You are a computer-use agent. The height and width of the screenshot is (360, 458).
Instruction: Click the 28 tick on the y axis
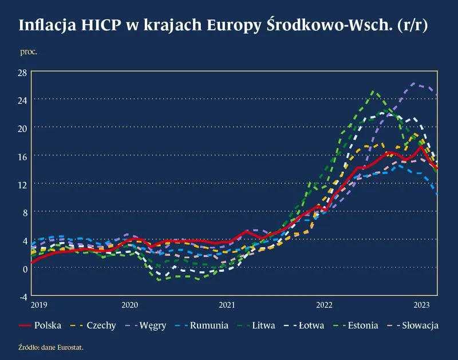point(22,72)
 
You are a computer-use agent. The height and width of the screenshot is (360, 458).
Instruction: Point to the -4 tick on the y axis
point(23,296)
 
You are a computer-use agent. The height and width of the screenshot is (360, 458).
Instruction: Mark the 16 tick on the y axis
point(22,156)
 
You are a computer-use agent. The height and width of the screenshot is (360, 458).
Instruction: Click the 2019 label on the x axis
point(40,304)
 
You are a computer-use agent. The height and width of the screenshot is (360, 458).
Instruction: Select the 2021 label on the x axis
point(227,304)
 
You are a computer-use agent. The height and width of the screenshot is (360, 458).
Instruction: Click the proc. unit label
point(29,52)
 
